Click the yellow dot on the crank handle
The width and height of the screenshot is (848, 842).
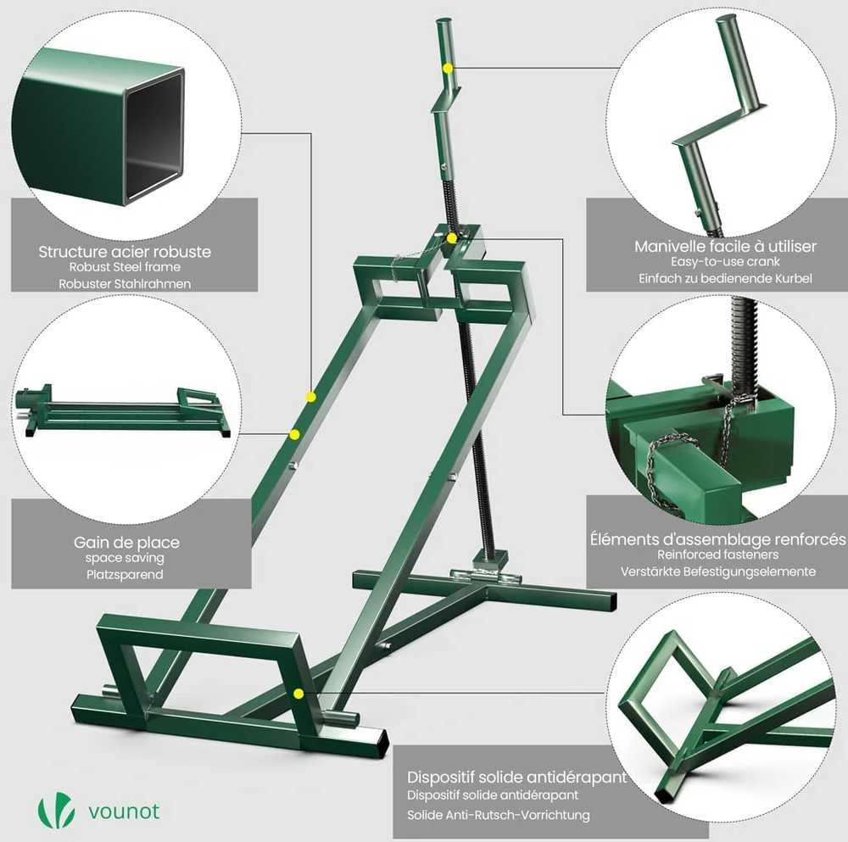(x=447, y=68)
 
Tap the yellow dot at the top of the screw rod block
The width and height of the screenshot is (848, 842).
(x=452, y=238)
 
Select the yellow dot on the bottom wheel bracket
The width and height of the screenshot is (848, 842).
(x=298, y=694)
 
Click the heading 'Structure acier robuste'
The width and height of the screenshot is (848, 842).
(x=125, y=252)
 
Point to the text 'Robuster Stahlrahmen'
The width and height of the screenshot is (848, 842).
(x=125, y=284)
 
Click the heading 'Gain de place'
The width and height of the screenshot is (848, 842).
(x=126, y=543)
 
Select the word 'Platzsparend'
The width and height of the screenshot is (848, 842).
(x=125, y=574)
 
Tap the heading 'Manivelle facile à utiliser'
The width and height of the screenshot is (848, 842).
(x=725, y=247)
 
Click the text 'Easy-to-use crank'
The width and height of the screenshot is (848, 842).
(x=725, y=262)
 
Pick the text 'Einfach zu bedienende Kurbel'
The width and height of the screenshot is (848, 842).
(x=725, y=278)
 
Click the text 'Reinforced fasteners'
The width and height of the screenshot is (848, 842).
(x=717, y=555)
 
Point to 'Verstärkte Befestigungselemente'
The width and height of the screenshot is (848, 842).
(x=717, y=572)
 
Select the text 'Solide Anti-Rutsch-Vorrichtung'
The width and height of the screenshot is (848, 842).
(x=498, y=815)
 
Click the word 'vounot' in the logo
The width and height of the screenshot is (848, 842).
(x=124, y=811)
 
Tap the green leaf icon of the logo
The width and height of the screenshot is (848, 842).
(x=56, y=810)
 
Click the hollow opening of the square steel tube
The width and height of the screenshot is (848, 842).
(x=154, y=140)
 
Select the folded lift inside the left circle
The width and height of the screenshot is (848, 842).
(x=123, y=411)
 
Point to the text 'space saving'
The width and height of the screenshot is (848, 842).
(x=125, y=558)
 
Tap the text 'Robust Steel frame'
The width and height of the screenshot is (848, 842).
(x=125, y=267)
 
